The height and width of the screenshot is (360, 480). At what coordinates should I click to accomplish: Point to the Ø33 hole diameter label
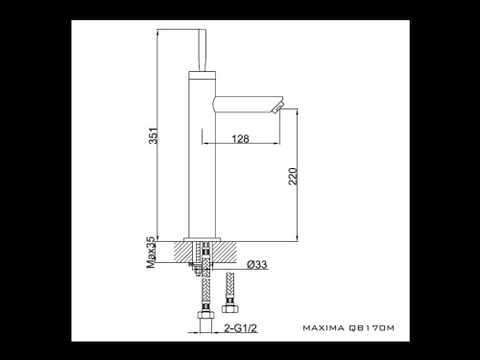[x=256, y=265]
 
